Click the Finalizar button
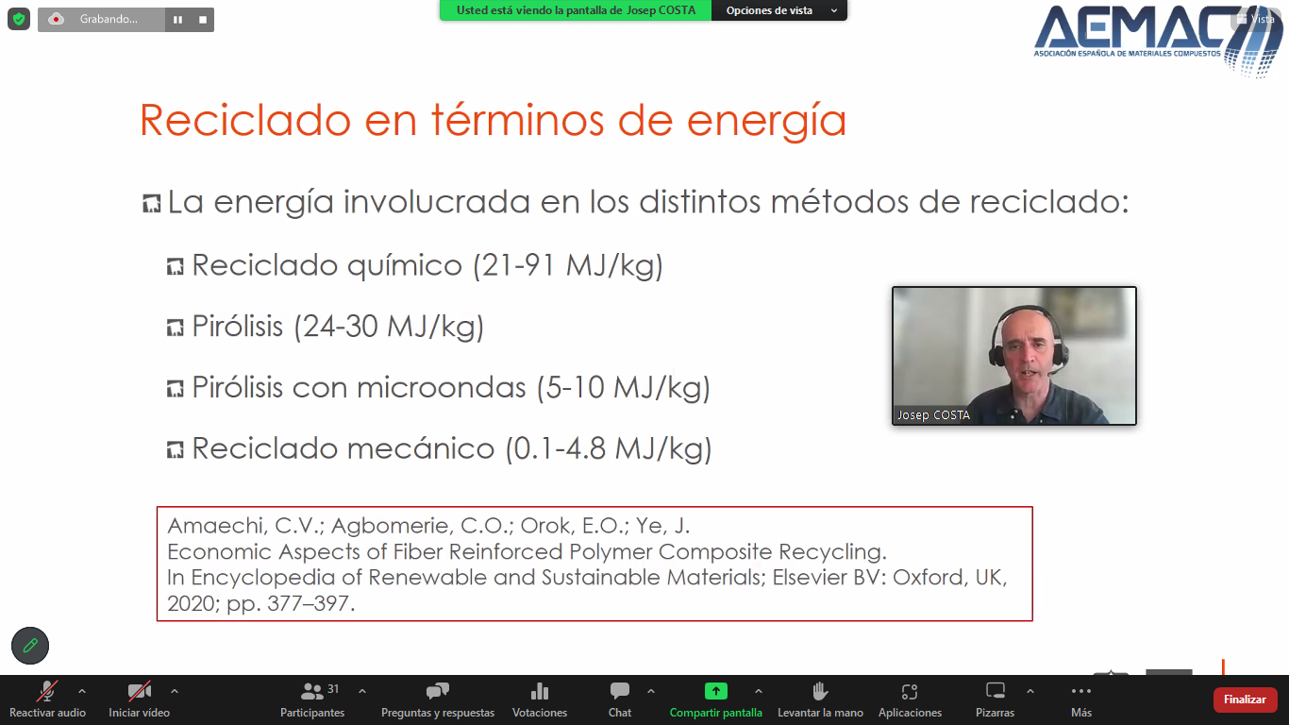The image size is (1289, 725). pos(1245,700)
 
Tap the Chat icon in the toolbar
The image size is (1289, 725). pos(619,690)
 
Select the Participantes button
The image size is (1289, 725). pos(312,700)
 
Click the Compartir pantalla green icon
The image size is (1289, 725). pos(716,690)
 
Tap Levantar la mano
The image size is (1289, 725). pos(820,700)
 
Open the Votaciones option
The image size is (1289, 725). pos(540,700)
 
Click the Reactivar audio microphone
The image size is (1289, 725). pos(47,690)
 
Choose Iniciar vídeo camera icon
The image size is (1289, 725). pos(140,690)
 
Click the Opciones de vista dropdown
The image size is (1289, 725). pos(779,10)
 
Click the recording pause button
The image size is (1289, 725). pos(177,20)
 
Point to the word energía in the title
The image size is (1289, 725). pos(766,121)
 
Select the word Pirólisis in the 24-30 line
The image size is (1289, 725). pos(238,327)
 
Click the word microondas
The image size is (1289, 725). pos(442,388)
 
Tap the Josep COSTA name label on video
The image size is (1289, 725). pos(933,414)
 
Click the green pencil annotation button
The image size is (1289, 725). pos(30,646)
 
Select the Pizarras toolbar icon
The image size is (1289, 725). pos(995,700)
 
